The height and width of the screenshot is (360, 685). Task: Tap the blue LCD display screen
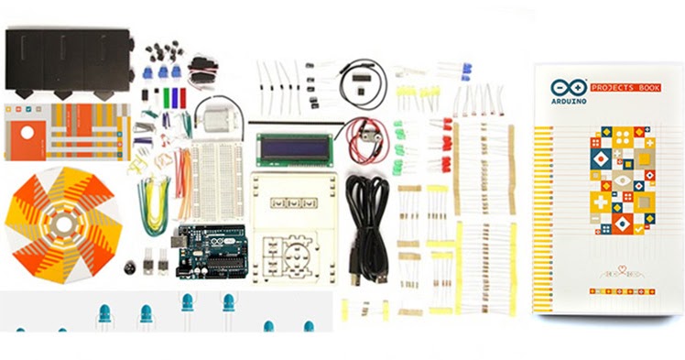tap(294, 147)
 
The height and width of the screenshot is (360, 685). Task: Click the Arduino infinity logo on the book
tap(563, 88)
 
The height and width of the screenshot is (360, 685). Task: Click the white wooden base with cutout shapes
tap(293, 225)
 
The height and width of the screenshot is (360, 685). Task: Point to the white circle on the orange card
tap(27, 133)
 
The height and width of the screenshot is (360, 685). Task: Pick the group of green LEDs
tap(399, 147)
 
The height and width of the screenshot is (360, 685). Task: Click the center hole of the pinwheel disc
tap(62, 223)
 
